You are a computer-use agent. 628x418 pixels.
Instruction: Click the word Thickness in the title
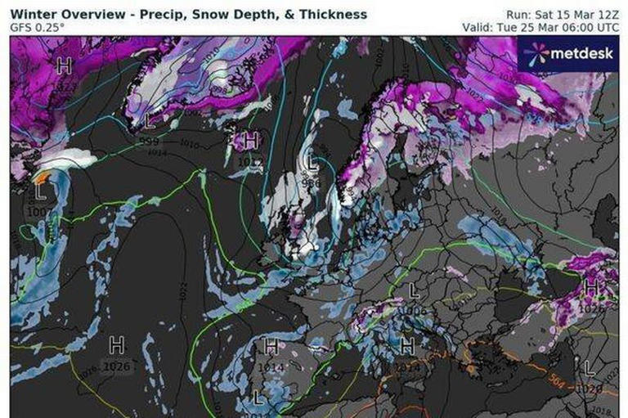tap(334, 14)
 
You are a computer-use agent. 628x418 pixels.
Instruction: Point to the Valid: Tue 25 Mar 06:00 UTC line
tap(552, 26)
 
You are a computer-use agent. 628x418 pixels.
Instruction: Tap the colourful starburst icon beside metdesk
tap(536, 54)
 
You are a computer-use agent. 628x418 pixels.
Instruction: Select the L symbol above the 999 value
tap(148, 121)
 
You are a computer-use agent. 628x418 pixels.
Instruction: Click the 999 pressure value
tap(149, 141)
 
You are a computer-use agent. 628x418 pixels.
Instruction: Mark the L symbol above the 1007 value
tap(41, 193)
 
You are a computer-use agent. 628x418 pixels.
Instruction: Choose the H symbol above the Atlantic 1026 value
tap(117, 344)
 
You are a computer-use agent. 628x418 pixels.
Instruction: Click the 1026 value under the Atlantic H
tap(117, 366)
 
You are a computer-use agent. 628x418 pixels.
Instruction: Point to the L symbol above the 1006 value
tap(414, 290)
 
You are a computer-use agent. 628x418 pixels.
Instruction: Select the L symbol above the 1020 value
tap(590, 367)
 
